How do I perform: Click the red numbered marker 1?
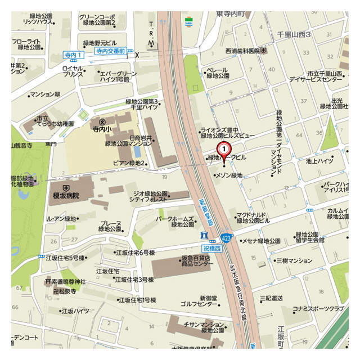pyautogui.click(x=224, y=149)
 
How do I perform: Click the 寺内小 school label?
pyautogui.click(x=103, y=129)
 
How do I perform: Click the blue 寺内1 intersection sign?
pyautogui.click(x=73, y=55)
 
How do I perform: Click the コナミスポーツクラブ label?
pyautogui.click(x=317, y=309)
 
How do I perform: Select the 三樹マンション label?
pyautogui.click(x=292, y=260)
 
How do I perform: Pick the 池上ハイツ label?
pyautogui.click(x=319, y=161)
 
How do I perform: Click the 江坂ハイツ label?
pyautogui.click(x=75, y=310)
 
